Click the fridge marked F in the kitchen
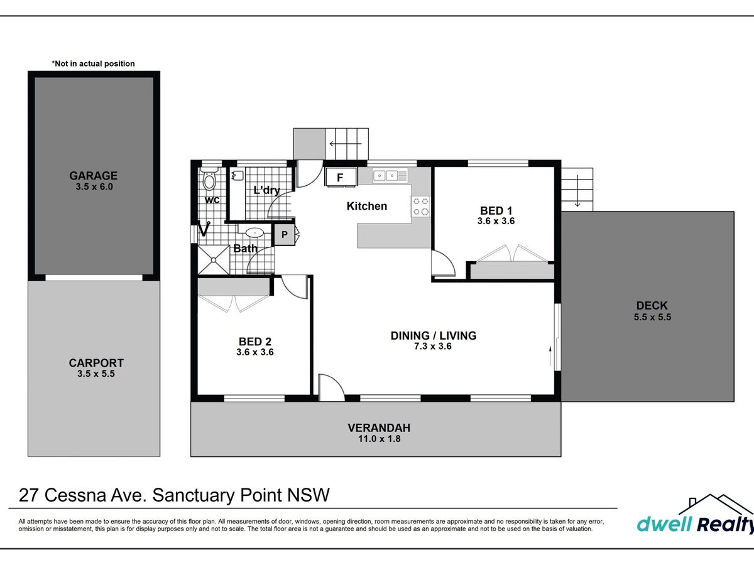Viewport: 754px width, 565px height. pyautogui.click(x=341, y=177)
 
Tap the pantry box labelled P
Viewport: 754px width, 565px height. pyautogui.click(x=284, y=235)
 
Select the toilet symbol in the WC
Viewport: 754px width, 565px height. pyautogui.click(x=209, y=178)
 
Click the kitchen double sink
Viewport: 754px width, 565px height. pyautogui.click(x=390, y=176)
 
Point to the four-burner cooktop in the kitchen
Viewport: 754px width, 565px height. pyautogui.click(x=421, y=207)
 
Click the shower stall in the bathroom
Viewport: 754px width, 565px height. pyautogui.click(x=213, y=260)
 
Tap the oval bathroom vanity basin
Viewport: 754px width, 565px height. pyautogui.click(x=254, y=233)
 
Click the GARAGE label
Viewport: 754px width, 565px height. pyautogui.click(x=94, y=176)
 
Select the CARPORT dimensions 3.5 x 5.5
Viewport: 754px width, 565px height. pyautogui.click(x=96, y=374)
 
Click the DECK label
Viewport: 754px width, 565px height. pyautogui.click(x=652, y=305)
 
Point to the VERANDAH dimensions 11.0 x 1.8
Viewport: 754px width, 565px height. pyautogui.click(x=380, y=439)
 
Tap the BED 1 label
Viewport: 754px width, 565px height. pyautogui.click(x=496, y=210)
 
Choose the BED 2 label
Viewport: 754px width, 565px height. pyautogui.click(x=255, y=342)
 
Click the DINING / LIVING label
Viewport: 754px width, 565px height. pyautogui.click(x=434, y=335)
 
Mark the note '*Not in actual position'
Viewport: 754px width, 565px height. pyautogui.click(x=93, y=63)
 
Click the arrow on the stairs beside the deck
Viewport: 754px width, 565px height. pyautogui.click(x=577, y=191)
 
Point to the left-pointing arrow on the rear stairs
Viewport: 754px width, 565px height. pyautogui.click(x=346, y=144)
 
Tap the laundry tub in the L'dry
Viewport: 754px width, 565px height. pyautogui.click(x=238, y=176)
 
